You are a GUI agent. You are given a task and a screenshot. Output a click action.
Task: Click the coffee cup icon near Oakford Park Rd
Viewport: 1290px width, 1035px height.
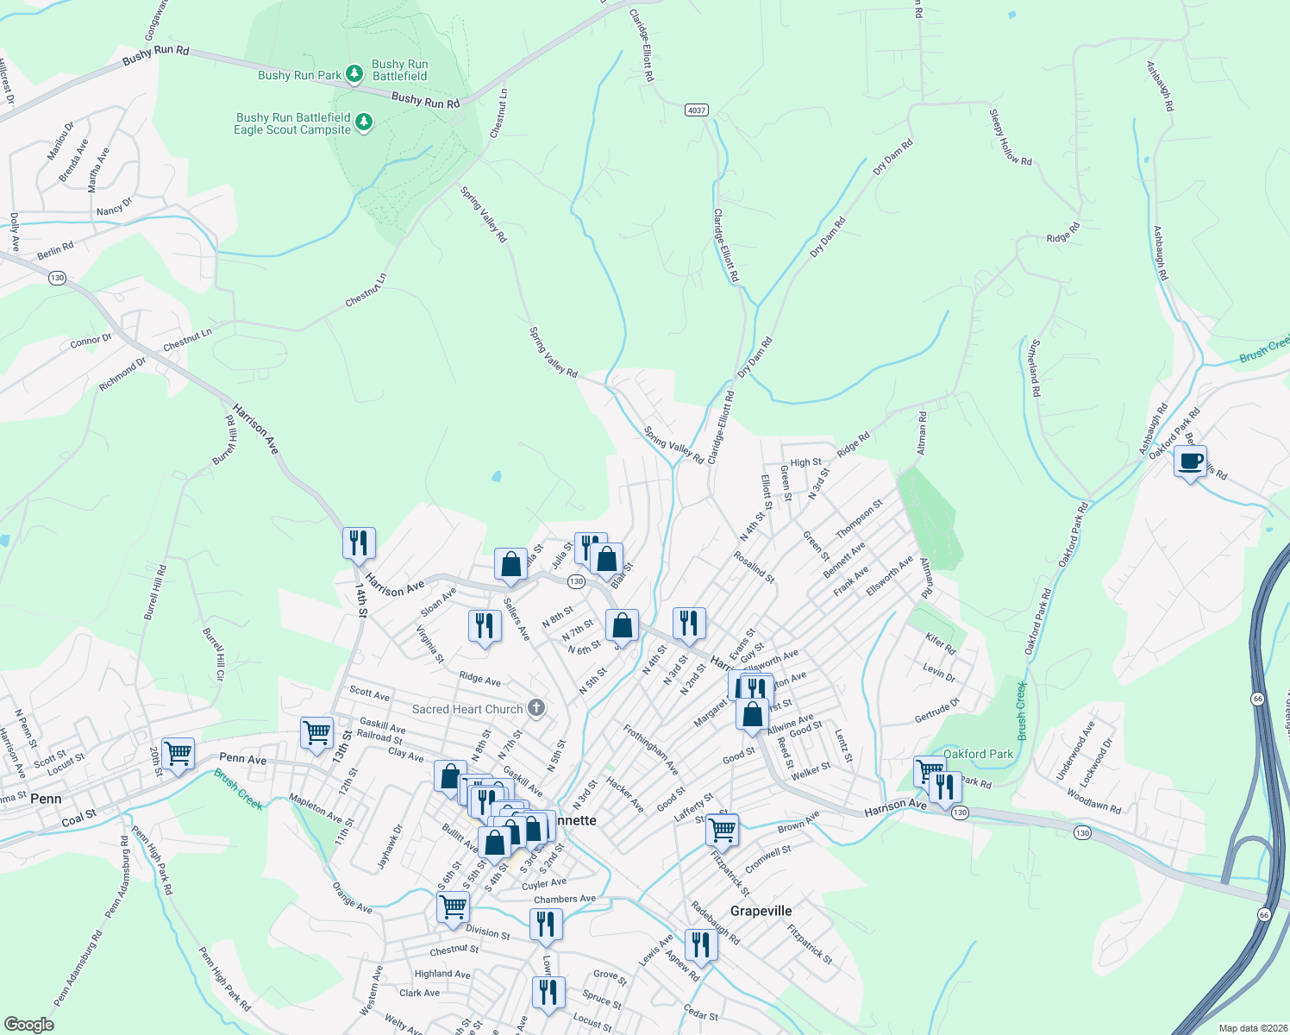[x=1190, y=461]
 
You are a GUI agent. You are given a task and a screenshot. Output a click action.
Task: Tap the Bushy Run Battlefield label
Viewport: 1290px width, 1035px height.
[x=399, y=70]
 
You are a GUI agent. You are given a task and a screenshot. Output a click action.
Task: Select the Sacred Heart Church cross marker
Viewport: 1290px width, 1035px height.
[x=536, y=709]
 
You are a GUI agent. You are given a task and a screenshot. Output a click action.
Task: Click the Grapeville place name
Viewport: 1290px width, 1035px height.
[x=761, y=911]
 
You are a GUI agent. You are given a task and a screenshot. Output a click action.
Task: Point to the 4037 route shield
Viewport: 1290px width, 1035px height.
[x=697, y=110]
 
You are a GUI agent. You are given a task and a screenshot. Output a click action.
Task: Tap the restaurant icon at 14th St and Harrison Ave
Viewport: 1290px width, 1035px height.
[x=359, y=543]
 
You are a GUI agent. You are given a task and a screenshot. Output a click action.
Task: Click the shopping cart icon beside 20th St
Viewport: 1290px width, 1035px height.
[x=178, y=753]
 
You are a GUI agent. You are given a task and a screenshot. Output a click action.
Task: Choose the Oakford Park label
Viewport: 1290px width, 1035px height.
[x=978, y=754]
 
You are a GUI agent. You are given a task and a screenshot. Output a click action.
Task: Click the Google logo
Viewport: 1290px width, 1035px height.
[x=29, y=1024]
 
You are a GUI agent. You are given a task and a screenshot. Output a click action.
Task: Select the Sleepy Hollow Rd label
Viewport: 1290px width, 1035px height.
[x=1011, y=137]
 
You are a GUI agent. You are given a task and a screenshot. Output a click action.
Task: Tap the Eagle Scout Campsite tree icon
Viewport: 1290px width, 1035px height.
[x=364, y=122]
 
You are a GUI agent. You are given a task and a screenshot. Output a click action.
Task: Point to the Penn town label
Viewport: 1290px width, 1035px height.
[x=46, y=799]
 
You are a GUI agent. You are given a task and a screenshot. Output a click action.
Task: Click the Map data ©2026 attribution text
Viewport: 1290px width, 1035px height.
[x=1249, y=1028]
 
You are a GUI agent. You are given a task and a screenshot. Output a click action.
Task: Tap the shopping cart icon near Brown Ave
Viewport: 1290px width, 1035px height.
[x=722, y=830]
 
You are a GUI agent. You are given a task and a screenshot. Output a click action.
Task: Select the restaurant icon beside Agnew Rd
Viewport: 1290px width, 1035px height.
[x=700, y=945]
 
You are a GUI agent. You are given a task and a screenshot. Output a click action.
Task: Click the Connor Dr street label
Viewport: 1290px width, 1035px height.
[x=91, y=341]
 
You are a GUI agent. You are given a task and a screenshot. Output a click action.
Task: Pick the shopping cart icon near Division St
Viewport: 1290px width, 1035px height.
[x=453, y=907]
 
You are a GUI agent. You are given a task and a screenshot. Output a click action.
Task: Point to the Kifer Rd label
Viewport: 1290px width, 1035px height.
[x=940, y=643]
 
